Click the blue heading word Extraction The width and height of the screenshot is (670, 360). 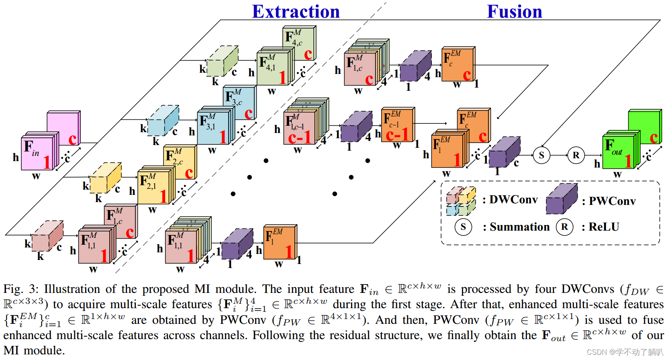(x=296, y=12)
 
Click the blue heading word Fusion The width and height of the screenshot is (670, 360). (x=514, y=12)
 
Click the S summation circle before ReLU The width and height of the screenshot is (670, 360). (x=541, y=155)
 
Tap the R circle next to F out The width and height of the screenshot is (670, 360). (x=576, y=155)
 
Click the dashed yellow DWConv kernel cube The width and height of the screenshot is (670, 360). (x=105, y=178)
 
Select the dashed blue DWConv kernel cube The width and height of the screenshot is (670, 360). (x=163, y=121)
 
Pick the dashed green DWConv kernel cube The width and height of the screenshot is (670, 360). (x=222, y=61)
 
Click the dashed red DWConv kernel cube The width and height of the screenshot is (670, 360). (x=47, y=236)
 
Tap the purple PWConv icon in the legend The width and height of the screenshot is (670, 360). (x=561, y=199)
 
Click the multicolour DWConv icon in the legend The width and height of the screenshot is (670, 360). (x=461, y=201)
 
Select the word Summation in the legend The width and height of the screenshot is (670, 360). (x=519, y=227)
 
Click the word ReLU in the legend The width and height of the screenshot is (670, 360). (x=604, y=227)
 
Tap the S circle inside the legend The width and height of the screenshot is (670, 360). (x=463, y=227)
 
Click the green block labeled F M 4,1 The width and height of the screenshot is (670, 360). (x=272, y=68)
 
